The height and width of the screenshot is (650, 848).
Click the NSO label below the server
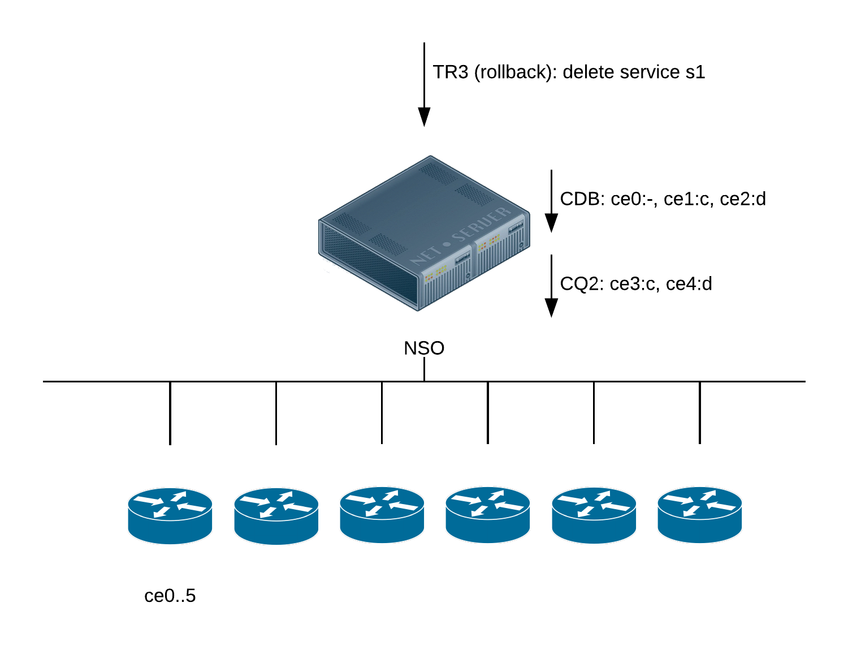(424, 348)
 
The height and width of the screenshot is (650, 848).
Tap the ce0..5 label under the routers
(170, 596)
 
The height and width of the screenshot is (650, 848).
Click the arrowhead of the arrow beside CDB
(551, 223)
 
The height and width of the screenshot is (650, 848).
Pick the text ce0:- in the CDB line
(634, 199)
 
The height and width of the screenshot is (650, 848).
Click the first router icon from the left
(170, 515)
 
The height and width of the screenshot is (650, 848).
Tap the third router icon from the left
(382, 515)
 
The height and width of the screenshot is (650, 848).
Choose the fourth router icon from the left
(488, 515)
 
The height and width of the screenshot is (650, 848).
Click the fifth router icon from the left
(594, 515)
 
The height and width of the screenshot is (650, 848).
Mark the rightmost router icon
(700, 515)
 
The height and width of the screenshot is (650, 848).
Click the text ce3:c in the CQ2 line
(633, 283)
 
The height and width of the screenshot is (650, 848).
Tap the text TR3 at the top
(451, 72)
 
